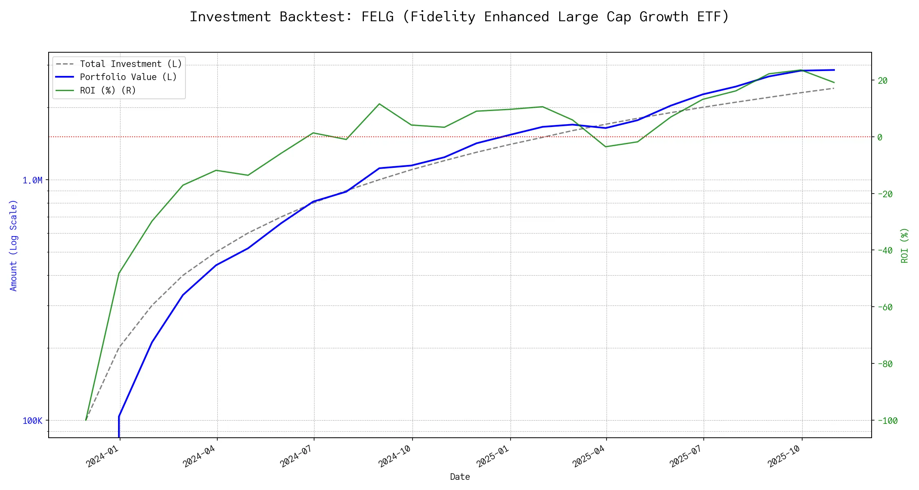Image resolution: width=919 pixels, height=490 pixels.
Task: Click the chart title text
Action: pyautogui.click(x=459, y=17)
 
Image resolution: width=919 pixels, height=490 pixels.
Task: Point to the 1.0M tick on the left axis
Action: pyautogui.click(x=32, y=180)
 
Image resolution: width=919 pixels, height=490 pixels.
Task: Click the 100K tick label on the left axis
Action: pyautogui.click(x=32, y=421)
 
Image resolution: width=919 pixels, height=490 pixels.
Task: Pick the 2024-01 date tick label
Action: pyautogui.click(x=103, y=456)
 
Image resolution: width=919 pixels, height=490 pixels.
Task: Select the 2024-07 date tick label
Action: pyautogui.click(x=297, y=456)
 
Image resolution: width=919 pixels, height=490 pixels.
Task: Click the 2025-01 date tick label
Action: pyautogui.click(x=493, y=456)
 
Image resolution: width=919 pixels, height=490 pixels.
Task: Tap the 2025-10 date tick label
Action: pyautogui.click(x=785, y=456)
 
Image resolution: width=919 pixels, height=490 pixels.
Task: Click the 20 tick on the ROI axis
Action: pyautogui.click(x=883, y=80)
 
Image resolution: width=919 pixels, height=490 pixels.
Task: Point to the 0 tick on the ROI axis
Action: pyautogui.click(x=880, y=137)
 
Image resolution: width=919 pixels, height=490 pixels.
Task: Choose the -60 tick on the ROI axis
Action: pyautogui.click(x=885, y=307)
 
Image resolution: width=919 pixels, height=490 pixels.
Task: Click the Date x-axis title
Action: pyautogui.click(x=460, y=477)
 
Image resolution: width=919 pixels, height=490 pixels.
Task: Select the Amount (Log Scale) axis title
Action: pyautogui.click(x=14, y=245)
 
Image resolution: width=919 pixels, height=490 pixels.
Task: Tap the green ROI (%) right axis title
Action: pyautogui.click(x=905, y=245)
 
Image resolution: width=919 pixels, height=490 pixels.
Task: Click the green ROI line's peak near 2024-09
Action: pyautogui.click(x=379, y=104)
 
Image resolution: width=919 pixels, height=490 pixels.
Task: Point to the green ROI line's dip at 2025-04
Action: pyautogui.click(x=606, y=147)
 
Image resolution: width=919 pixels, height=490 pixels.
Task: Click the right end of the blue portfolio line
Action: pyautogui.click(x=834, y=70)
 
